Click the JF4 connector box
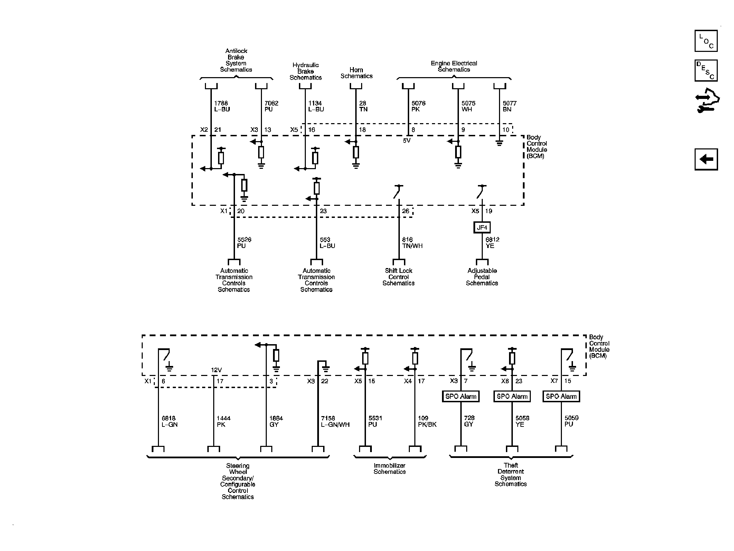(482, 227)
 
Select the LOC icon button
(706, 41)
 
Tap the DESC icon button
(706, 71)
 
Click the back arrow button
(706, 159)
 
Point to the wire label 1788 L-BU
(222, 106)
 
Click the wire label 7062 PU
(271, 106)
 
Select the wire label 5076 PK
(418, 106)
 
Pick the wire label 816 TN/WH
(412, 242)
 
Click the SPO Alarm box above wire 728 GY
(461, 396)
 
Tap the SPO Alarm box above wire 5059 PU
(561, 396)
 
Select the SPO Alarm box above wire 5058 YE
(512, 396)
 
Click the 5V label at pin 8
(406, 140)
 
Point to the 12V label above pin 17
(216, 370)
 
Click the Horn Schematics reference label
(356, 73)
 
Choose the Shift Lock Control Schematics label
(398, 277)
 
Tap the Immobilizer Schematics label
(389, 468)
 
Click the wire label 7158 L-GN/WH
(335, 421)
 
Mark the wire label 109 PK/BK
(427, 421)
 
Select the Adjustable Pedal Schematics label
(482, 277)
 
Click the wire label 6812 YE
(492, 242)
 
